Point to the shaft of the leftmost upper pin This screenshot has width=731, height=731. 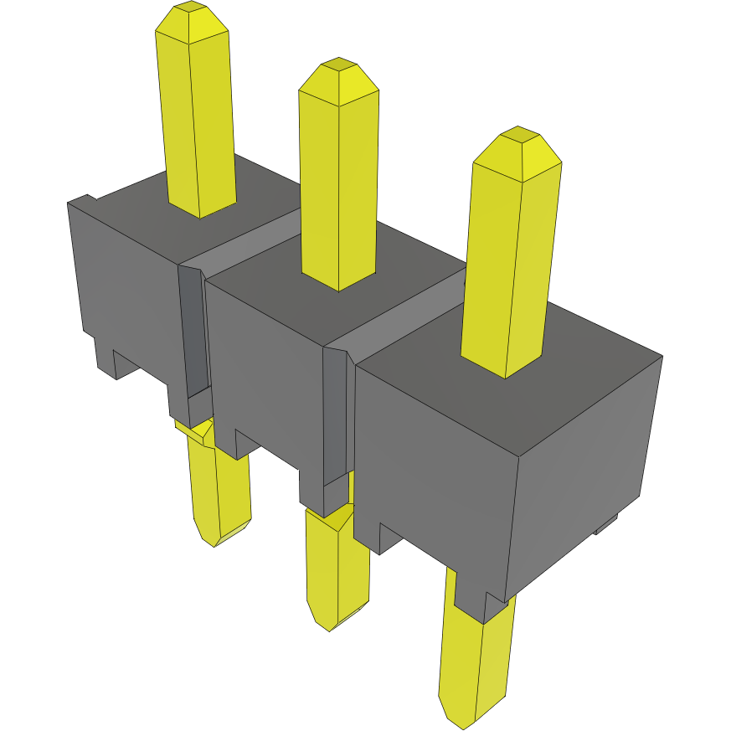[198, 126]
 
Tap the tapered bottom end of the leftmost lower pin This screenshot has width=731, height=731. [219, 533]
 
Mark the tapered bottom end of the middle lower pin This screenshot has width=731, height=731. [335, 615]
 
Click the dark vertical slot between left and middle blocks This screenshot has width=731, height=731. [192, 335]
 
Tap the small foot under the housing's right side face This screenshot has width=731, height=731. [605, 526]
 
